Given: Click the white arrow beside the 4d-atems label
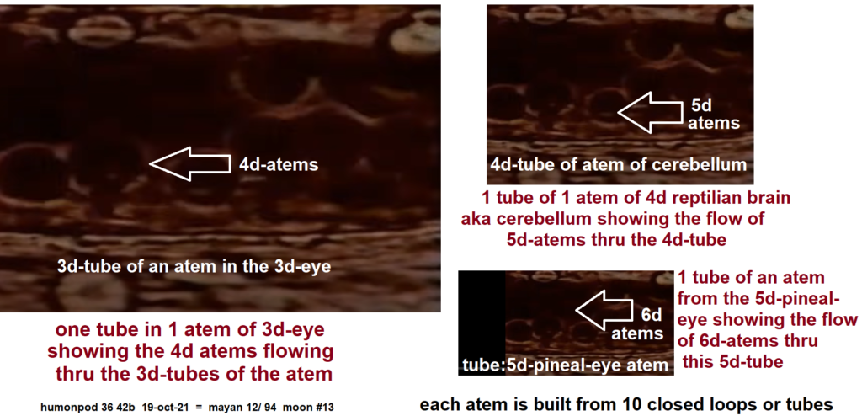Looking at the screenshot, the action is point(189,163).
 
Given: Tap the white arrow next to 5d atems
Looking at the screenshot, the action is point(650,112).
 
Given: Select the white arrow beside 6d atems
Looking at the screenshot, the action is point(604,311).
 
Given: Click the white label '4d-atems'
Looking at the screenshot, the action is point(278,164).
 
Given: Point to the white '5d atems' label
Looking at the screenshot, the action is point(714,114).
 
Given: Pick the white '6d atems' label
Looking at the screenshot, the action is point(638,324).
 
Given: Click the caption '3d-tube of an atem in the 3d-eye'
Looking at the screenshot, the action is point(194,266).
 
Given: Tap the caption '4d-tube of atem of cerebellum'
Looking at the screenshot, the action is point(619,164).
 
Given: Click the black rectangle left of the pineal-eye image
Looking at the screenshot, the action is point(482,323).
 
